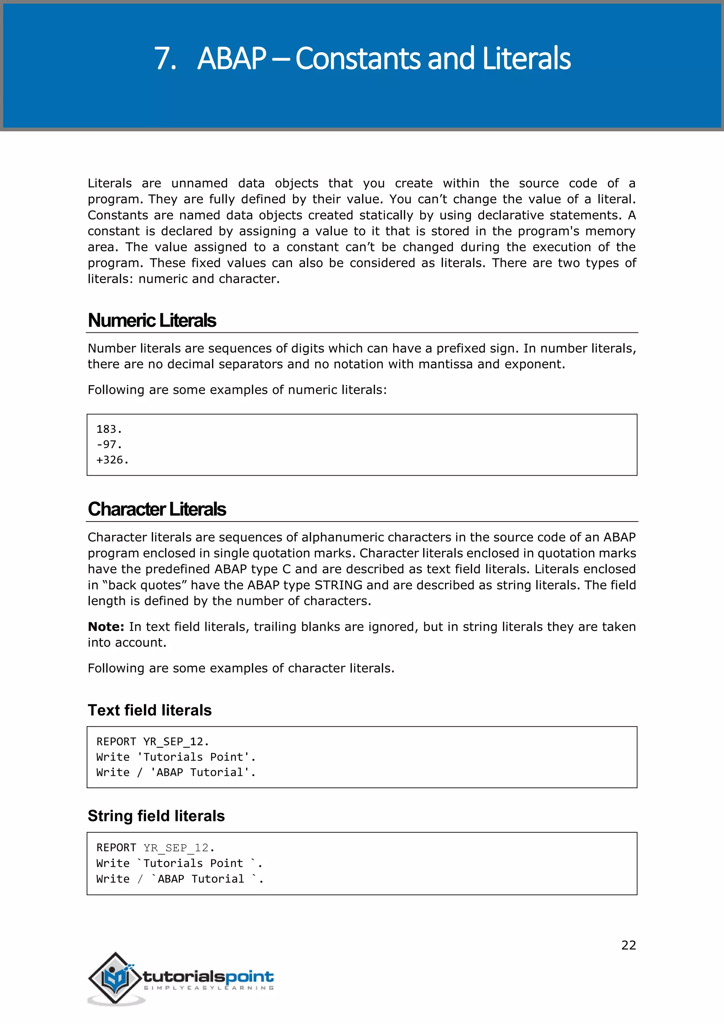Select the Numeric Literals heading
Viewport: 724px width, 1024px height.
coord(152,321)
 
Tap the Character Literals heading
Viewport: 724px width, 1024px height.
coord(157,509)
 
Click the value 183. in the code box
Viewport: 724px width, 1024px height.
coord(109,429)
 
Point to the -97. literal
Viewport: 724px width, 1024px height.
coord(109,445)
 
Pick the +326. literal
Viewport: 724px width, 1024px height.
coord(112,460)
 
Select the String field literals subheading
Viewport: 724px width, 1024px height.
coord(156,816)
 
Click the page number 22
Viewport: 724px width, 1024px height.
coord(628,945)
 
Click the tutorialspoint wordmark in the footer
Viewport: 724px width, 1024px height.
coord(208,976)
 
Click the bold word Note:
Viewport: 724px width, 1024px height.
coord(106,627)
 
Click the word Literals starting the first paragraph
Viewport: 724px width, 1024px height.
coord(109,183)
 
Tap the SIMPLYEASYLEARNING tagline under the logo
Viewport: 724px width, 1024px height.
coord(208,988)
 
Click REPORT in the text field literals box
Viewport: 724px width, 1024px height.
coord(116,742)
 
